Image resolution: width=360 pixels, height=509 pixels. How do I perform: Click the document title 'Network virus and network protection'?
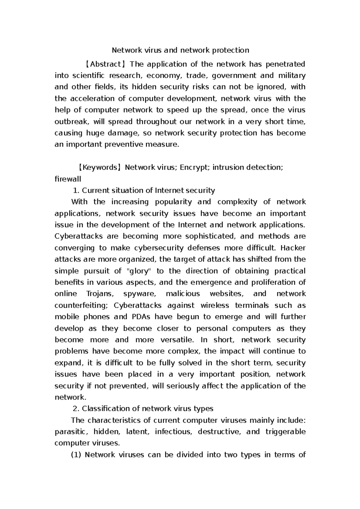click(x=180, y=50)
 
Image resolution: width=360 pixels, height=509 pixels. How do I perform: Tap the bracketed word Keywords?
click(x=100, y=167)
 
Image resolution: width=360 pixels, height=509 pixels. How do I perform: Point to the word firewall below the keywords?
click(x=68, y=179)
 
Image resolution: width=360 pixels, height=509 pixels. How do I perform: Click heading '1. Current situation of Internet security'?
click(x=144, y=190)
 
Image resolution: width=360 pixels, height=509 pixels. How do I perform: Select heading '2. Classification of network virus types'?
click(x=143, y=409)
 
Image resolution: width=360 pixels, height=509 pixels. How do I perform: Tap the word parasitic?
click(x=71, y=432)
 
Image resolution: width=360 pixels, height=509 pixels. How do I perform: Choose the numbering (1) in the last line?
click(x=76, y=455)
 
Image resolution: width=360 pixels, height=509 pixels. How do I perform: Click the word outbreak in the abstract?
click(x=71, y=122)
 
